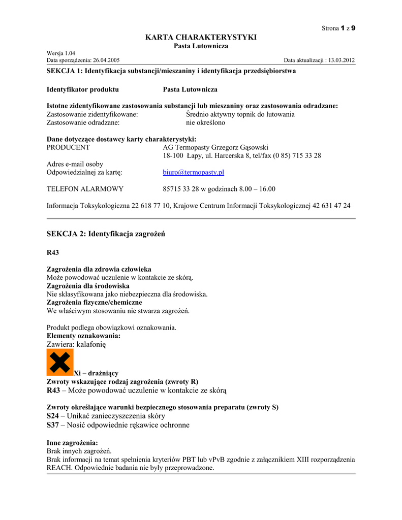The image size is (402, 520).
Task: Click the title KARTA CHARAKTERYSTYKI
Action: click(x=201, y=37)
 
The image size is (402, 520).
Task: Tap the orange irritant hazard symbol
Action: click(x=60, y=362)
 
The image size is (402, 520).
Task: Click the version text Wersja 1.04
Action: click(x=61, y=53)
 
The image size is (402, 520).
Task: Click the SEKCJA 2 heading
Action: click(x=106, y=234)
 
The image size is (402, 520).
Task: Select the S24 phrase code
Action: click(x=53, y=415)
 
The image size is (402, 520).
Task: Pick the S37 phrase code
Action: click(x=53, y=425)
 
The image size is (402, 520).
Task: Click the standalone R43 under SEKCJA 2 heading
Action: click(x=53, y=252)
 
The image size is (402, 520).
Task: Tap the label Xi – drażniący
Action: click(x=96, y=373)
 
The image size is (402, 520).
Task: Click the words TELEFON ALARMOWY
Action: click(x=85, y=189)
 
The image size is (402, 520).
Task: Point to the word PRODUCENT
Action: click(x=68, y=147)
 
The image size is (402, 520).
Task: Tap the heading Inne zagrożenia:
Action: click(x=72, y=443)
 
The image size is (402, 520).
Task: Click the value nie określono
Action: click(x=205, y=122)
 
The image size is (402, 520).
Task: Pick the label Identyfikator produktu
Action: click(x=83, y=89)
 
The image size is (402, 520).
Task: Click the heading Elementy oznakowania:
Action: click(x=84, y=336)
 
